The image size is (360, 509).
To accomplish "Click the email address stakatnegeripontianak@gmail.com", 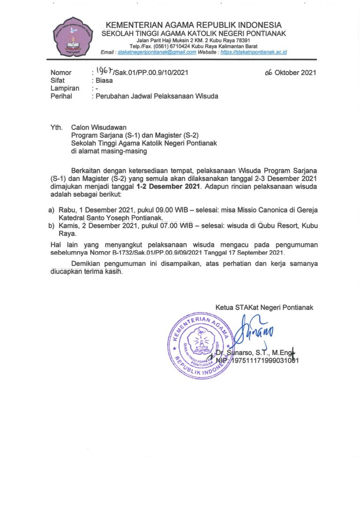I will pos(157,52).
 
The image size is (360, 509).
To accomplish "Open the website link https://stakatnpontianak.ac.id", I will pos(254,52).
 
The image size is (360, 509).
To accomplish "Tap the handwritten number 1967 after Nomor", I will pos(105,71).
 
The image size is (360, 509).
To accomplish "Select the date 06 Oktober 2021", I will pos(290,73).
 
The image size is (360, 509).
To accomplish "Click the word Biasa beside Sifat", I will pos(105,80).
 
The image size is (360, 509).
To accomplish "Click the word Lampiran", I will pos(65,88).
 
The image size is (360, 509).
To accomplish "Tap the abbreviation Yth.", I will pos(56,127).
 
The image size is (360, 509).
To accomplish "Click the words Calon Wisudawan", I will pos(98,127).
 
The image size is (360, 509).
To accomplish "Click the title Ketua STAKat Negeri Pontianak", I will pos(264,307).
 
